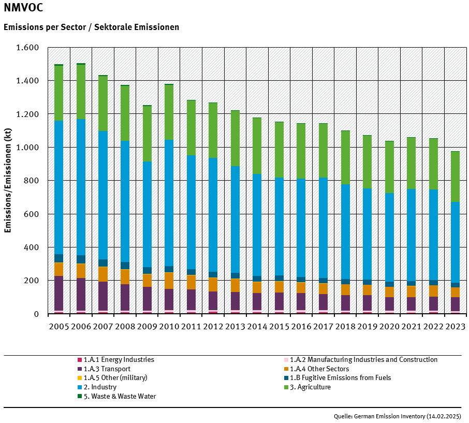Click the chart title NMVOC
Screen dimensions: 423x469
[x=23, y=8]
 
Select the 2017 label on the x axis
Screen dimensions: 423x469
[x=323, y=327]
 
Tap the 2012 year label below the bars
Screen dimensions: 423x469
[x=213, y=327]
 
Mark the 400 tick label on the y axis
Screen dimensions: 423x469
[x=31, y=247]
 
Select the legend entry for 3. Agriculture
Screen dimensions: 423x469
[x=310, y=387]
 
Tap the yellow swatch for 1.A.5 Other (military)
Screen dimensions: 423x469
[x=80, y=378]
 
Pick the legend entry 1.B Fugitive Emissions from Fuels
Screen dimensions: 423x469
[x=340, y=378]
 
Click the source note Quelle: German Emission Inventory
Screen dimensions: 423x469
[x=397, y=416]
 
